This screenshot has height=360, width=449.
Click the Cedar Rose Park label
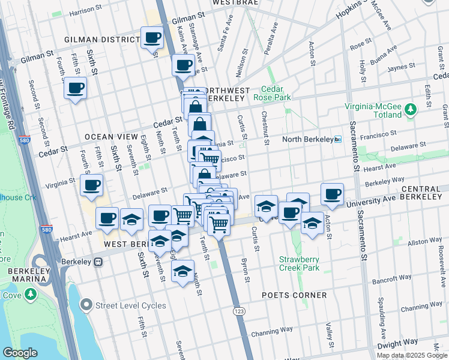[x=272, y=92]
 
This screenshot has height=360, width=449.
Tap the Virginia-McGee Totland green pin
[x=411, y=109]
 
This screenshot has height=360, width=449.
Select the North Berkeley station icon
[x=338, y=139]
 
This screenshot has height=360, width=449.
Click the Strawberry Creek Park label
[x=299, y=263]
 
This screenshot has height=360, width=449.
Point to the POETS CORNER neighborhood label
[x=294, y=295]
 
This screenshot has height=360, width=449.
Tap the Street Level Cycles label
[x=131, y=305]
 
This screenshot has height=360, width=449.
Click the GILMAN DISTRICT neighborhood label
[x=102, y=40]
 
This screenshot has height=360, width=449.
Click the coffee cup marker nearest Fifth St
[x=75, y=88]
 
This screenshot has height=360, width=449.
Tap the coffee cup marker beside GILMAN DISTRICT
[x=152, y=38]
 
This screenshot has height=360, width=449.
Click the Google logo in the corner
[x=20, y=353]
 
